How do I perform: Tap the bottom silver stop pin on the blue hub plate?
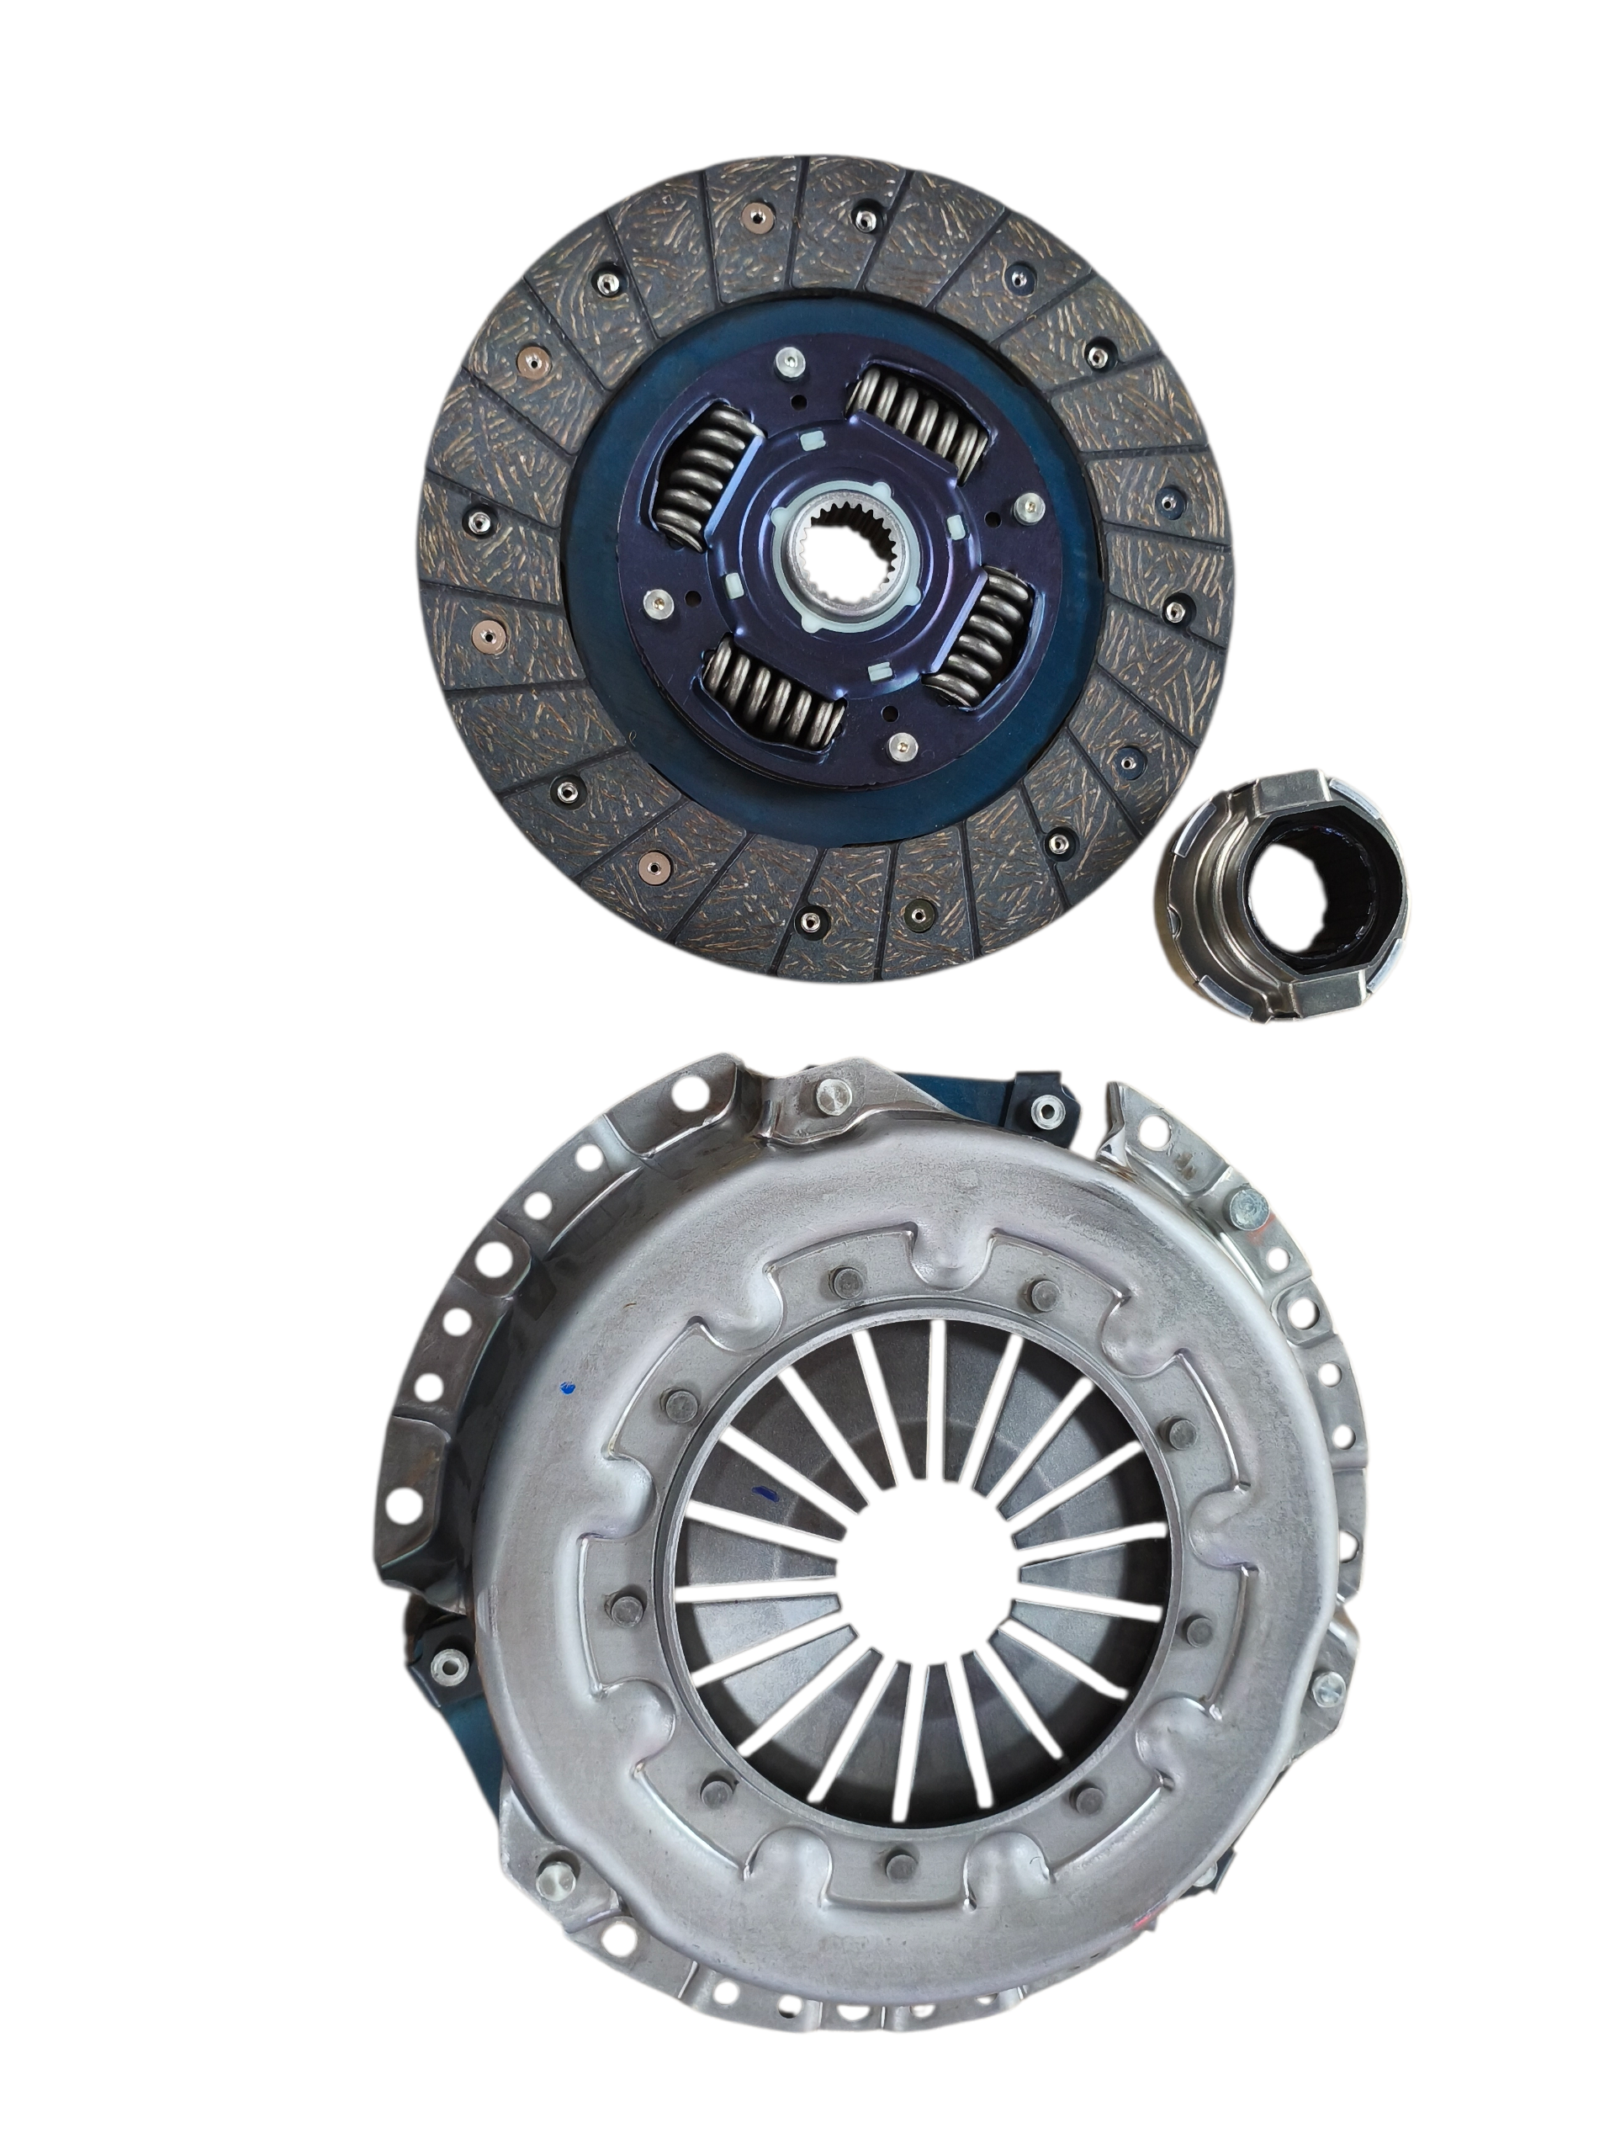pos(902,747)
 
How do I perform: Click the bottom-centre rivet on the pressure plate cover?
pos(896,1864)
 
